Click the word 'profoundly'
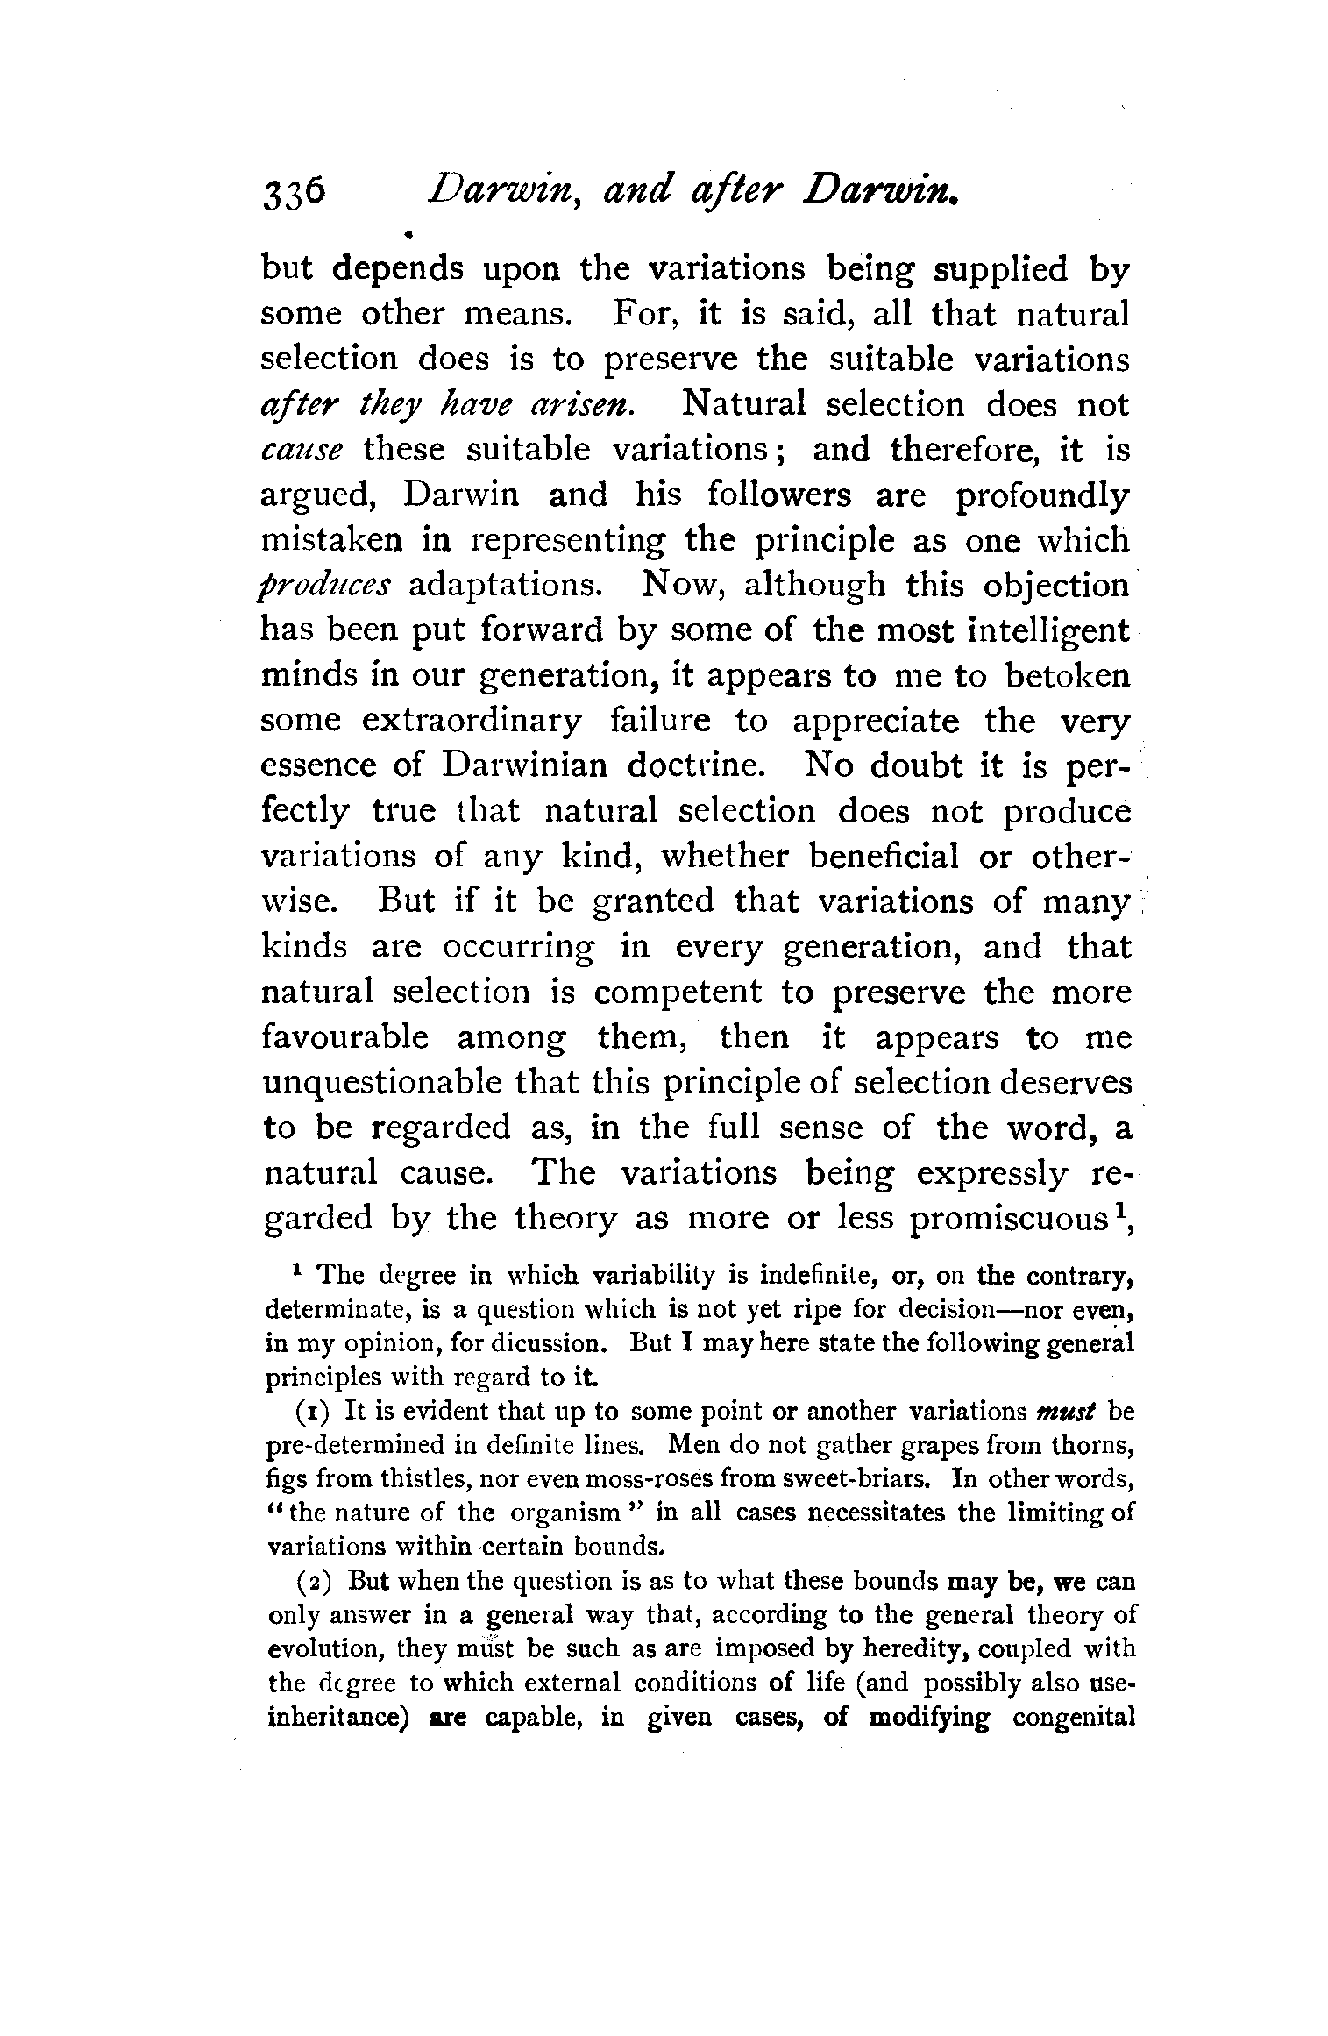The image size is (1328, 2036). coord(1042,497)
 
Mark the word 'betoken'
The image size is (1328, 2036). coord(1067,676)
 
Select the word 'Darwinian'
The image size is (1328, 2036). coord(524,766)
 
